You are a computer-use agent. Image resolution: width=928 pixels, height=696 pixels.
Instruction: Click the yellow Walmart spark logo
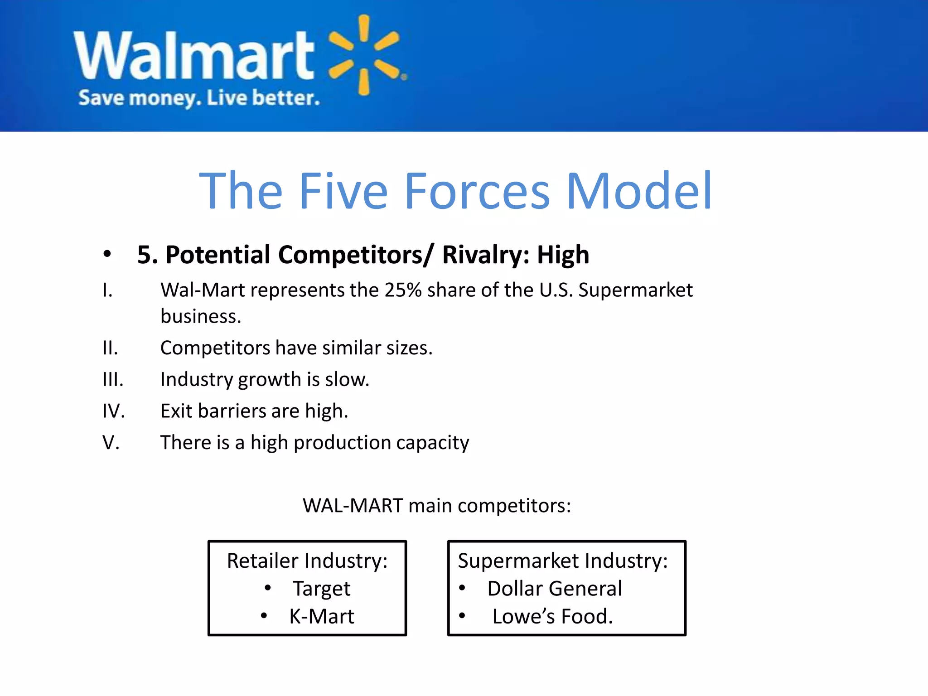click(364, 55)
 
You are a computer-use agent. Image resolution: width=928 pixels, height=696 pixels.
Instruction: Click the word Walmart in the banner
click(194, 55)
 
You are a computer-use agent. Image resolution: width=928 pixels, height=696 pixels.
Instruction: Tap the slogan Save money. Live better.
click(199, 98)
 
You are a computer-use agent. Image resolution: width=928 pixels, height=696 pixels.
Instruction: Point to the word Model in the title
click(639, 191)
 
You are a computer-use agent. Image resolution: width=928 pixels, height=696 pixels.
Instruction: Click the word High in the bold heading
click(563, 255)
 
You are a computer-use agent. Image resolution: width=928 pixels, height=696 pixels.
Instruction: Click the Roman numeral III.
click(113, 379)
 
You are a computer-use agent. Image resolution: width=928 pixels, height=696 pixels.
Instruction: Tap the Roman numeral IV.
click(113, 411)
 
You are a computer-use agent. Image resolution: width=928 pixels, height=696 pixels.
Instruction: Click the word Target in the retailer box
click(321, 589)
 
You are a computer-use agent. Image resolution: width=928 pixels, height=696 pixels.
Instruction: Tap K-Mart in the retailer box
click(322, 616)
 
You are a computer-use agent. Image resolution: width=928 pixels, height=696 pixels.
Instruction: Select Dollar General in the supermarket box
click(555, 589)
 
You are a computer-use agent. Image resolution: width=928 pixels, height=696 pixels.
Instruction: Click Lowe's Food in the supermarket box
click(552, 616)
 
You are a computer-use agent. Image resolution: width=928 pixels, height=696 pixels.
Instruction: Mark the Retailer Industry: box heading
click(307, 561)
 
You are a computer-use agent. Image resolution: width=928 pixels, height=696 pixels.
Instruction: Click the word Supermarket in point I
click(635, 290)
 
